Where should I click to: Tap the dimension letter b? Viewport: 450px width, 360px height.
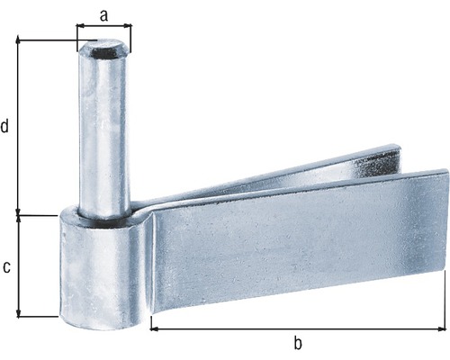(297, 342)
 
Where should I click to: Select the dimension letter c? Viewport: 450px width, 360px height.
(6, 266)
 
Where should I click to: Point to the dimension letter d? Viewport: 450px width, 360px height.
(6, 127)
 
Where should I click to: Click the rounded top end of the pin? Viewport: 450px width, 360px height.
(103, 50)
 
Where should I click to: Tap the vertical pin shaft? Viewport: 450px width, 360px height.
(103, 135)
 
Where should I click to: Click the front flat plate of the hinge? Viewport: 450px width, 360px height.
(297, 243)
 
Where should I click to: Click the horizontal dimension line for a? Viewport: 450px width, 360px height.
(103, 26)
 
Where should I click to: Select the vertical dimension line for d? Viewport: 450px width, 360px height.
(18, 127)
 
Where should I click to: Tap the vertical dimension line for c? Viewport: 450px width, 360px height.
(18, 266)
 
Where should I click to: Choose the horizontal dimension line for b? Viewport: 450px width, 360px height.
(297, 328)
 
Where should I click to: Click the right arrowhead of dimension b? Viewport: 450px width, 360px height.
(440, 328)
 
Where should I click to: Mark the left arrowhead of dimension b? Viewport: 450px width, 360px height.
(155, 328)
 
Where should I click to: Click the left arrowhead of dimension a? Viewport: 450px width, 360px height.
(79, 26)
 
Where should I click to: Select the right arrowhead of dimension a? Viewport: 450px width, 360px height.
(126, 26)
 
